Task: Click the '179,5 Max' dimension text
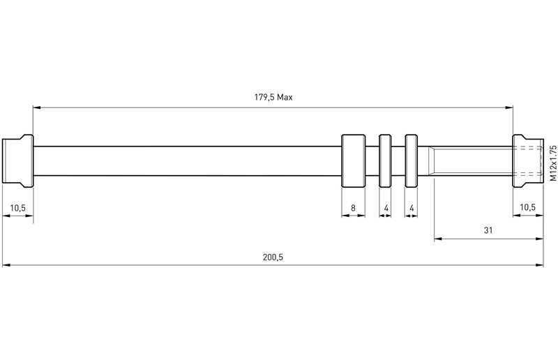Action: coord(273,98)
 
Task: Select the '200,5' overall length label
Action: coord(273,256)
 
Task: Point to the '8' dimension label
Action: coord(353,208)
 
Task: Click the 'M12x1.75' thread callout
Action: coord(551,160)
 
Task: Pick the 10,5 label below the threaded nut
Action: coord(529,208)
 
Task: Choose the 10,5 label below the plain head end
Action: coord(18,208)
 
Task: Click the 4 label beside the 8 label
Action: coord(386,208)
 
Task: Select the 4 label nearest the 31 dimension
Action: coord(412,208)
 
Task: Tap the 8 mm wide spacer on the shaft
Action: coord(353,160)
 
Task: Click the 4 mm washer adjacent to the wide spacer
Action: coord(386,160)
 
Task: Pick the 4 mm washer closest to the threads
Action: coord(412,160)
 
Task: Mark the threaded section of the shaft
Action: coord(471,160)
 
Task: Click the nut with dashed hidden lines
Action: coord(528,160)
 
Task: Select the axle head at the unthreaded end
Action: coord(18,160)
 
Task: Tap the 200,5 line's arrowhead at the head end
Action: coord(7,265)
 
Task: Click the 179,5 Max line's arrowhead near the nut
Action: coord(508,107)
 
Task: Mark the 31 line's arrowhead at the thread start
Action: coord(438,239)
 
